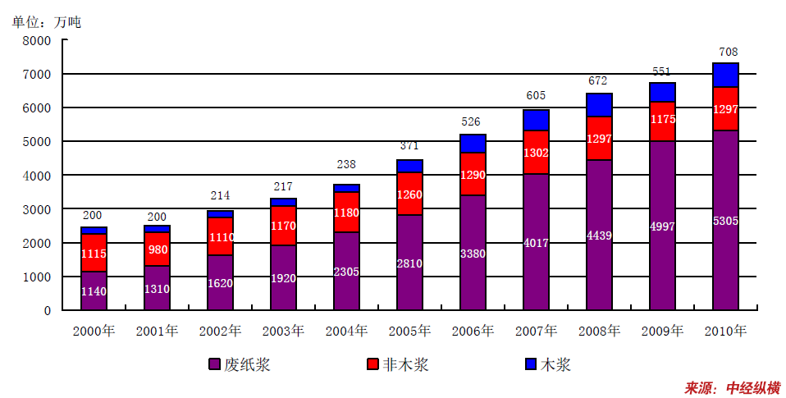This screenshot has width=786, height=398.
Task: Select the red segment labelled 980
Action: (x=157, y=249)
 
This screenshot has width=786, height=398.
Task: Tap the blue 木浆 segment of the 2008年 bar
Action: (x=599, y=105)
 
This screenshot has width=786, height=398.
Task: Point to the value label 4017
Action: (x=536, y=243)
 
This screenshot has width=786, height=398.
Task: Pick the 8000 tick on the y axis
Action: (x=36, y=40)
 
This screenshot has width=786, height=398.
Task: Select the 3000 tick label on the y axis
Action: (x=36, y=209)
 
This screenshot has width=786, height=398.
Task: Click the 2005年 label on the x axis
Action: (x=409, y=332)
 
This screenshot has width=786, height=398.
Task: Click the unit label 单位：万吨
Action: (x=46, y=22)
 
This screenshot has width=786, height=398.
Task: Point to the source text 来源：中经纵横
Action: (x=732, y=387)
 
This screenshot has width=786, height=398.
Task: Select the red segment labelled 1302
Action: (x=536, y=152)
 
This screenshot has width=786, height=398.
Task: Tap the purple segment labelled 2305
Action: (x=346, y=271)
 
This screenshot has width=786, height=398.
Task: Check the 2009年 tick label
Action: (x=662, y=332)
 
